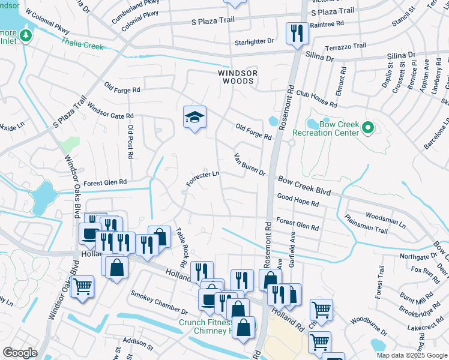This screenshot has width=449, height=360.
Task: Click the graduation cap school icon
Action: click(194, 117)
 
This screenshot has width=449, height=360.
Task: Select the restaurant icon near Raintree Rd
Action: click(297, 34)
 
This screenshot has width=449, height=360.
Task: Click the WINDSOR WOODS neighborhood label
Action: click(237, 77)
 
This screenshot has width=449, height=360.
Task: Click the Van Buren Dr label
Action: click(249, 164)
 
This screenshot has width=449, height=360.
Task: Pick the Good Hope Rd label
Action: click(298, 200)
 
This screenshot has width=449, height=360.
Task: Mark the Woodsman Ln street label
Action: click(386, 217)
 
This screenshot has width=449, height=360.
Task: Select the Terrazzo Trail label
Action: click(345, 46)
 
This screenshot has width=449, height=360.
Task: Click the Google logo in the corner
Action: click(20, 352)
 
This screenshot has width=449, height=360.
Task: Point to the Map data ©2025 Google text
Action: click(411, 355)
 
